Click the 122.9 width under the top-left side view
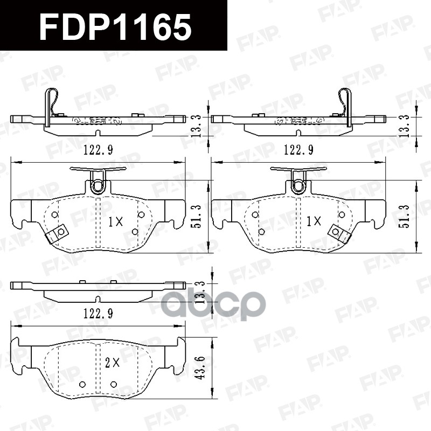click(98, 149)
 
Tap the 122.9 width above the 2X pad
click(98, 312)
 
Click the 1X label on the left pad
click(115, 221)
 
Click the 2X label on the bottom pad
click(112, 363)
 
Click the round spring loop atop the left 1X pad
click(98, 186)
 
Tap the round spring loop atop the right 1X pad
click(298, 186)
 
